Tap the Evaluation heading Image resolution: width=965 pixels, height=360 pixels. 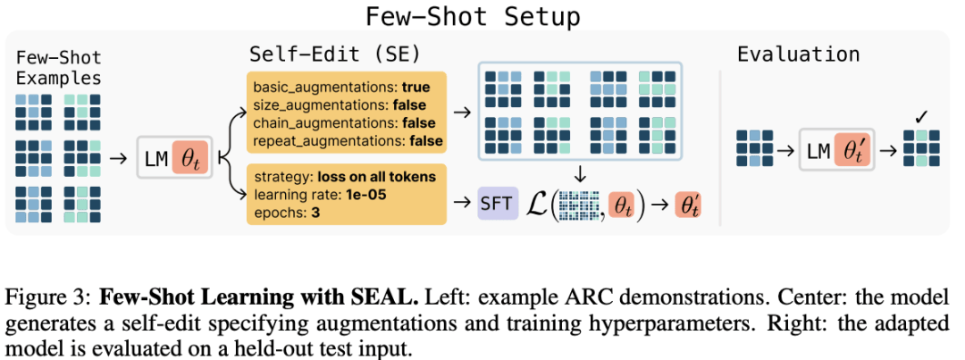tap(799, 54)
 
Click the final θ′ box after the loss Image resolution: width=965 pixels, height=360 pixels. tap(688, 205)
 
